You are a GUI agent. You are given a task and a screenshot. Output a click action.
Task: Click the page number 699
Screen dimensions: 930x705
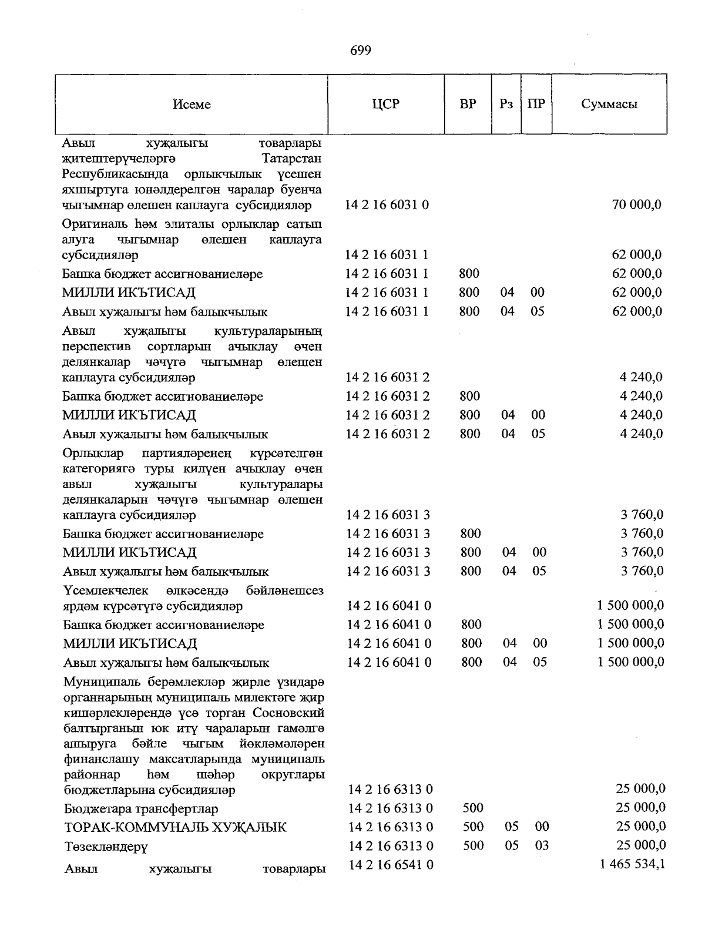(360, 51)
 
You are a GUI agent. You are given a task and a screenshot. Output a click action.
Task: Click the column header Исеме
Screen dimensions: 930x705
(192, 105)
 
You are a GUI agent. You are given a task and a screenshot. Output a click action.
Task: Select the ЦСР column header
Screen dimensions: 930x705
(385, 105)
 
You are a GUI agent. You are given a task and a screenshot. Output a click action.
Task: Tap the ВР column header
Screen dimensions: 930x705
(468, 105)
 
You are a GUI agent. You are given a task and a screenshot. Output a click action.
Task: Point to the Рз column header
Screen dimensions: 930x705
(506, 105)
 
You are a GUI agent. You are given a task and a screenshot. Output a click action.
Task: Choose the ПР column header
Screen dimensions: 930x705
(536, 105)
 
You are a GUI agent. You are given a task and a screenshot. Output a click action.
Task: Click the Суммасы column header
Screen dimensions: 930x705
(609, 105)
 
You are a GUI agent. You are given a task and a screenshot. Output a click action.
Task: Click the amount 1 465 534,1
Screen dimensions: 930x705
(632, 864)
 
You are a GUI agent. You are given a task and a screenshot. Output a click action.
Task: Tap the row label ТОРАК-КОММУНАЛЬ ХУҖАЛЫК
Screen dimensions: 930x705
(175, 827)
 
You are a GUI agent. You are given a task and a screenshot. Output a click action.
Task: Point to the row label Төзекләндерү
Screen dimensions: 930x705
(106, 847)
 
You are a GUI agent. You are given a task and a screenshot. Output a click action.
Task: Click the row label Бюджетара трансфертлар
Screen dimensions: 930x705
(140, 808)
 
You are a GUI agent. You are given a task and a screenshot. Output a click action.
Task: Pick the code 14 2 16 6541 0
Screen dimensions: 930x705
(391, 865)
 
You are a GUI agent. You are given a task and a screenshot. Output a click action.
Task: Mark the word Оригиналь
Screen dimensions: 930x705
(92, 224)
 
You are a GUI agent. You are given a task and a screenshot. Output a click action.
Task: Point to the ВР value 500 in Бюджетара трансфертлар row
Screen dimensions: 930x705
(473, 808)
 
